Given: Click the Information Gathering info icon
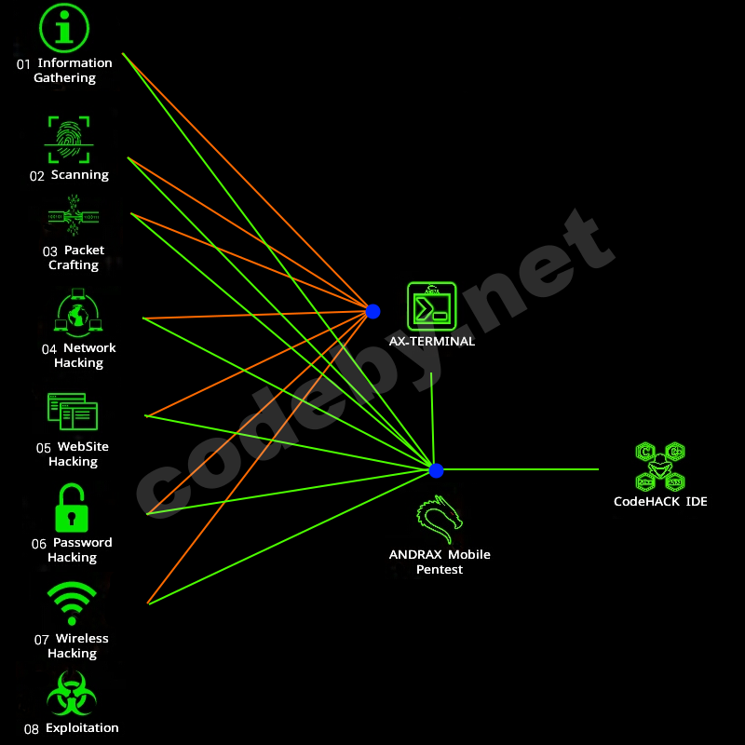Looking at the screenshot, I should click(x=63, y=28).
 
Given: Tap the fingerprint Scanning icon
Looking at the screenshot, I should click(x=68, y=139).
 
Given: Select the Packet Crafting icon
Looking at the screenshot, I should click(x=73, y=218).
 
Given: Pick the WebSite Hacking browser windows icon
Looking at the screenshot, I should click(x=73, y=412).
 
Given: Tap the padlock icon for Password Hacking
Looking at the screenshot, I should click(x=72, y=508).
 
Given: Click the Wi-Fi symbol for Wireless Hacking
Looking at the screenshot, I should click(x=72, y=603).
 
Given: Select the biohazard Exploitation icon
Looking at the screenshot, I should click(x=72, y=695).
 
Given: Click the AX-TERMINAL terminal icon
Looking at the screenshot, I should click(x=431, y=306).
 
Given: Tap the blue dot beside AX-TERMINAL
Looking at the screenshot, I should click(x=372, y=311).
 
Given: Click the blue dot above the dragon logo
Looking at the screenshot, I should click(x=436, y=470).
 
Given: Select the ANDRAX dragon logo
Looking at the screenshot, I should click(x=439, y=521).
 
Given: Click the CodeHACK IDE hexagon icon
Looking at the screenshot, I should click(x=659, y=467).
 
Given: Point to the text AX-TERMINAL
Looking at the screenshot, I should click(x=431, y=342).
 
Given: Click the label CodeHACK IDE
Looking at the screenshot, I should click(x=659, y=502).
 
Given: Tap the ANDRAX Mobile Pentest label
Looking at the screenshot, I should click(x=439, y=562).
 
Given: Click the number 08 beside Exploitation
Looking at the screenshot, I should click(x=31, y=729).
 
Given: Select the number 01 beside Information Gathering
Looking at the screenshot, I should click(x=23, y=64).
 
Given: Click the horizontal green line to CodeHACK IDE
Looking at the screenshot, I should click(x=521, y=469).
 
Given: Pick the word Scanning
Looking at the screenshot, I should click(x=79, y=175).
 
